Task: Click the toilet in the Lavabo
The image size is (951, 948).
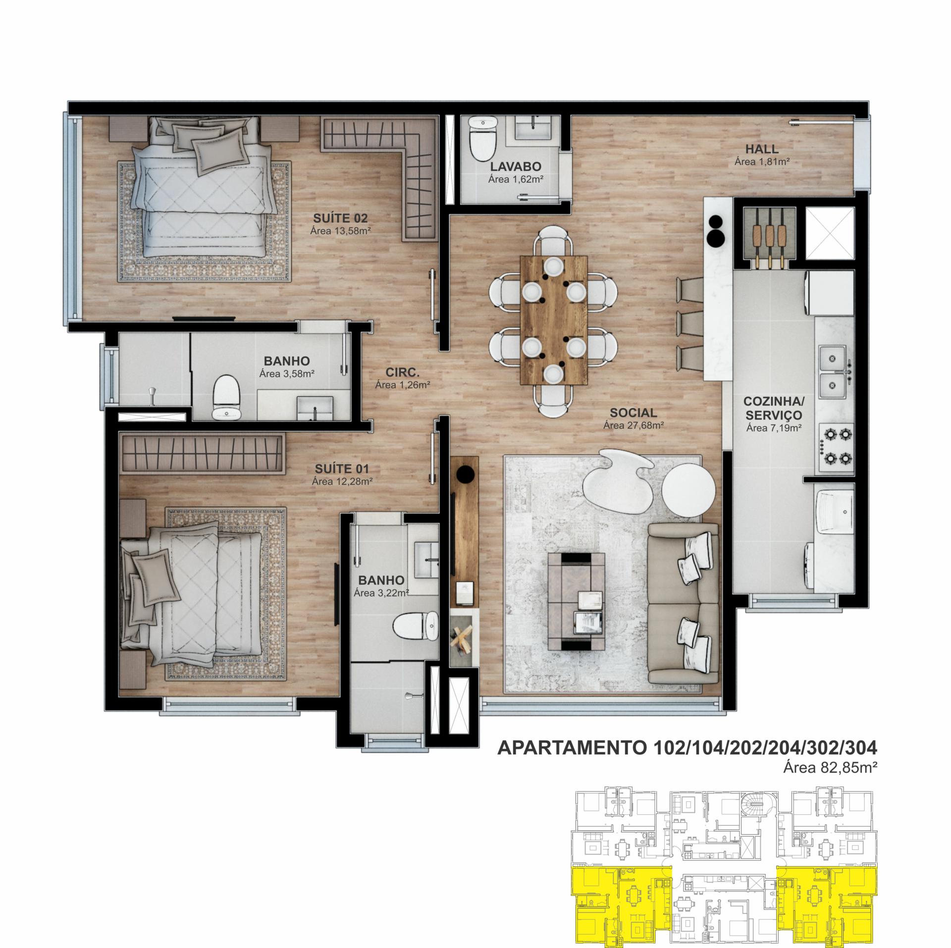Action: coord(482,139)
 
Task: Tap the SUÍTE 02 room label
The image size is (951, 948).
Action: coord(340,218)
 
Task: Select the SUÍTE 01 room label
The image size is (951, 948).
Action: coord(342,469)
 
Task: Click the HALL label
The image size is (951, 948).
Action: coord(762,149)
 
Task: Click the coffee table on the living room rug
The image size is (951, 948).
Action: coord(577,601)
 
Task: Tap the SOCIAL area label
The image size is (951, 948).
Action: coord(634,413)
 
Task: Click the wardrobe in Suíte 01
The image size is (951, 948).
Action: coord(203,453)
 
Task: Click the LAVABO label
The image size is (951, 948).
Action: coord(516,167)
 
